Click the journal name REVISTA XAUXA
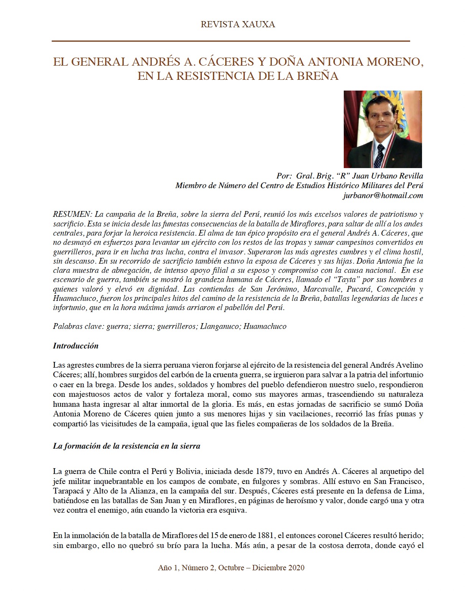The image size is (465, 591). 237,25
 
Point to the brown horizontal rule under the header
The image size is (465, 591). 231,41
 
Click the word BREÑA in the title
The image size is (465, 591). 317,76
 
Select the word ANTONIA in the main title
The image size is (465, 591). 335,62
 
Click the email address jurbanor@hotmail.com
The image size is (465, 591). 383,195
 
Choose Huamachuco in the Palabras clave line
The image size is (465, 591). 265,327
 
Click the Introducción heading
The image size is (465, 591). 76,346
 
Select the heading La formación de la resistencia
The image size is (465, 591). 127,446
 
